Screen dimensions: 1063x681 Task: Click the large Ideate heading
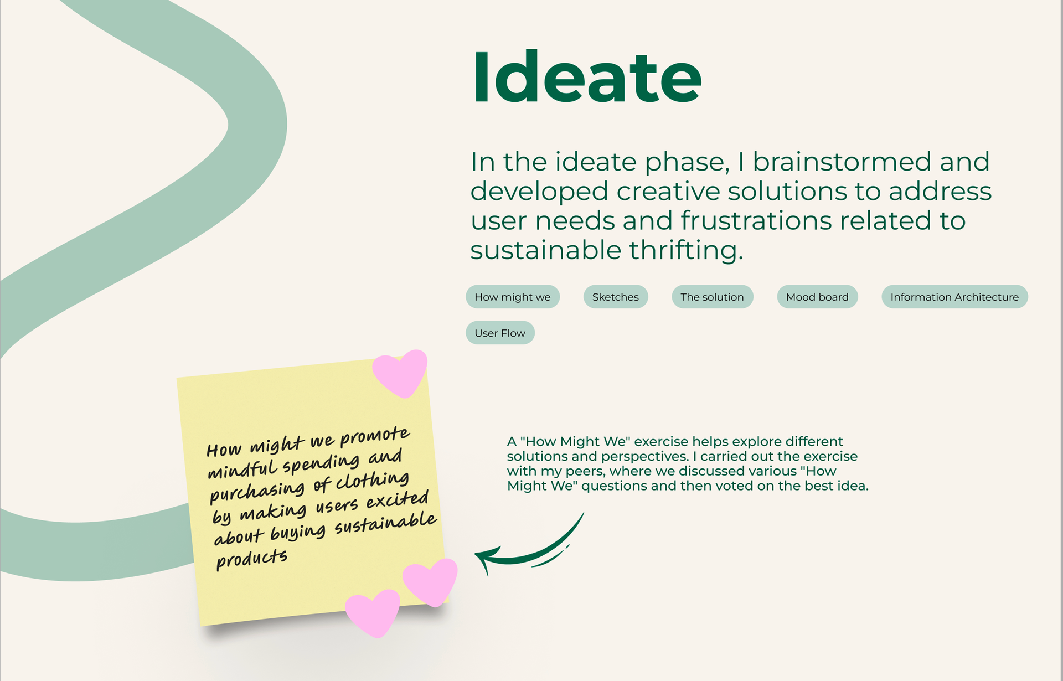[x=587, y=77]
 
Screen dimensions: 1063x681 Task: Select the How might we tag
[x=513, y=297]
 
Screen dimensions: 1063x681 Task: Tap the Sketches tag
[x=616, y=297]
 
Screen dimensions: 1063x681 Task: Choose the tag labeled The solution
[x=713, y=297]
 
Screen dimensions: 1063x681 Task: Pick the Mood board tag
[x=818, y=297]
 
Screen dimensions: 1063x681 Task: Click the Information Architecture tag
[x=954, y=297]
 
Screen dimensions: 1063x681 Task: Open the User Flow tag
[x=500, y=333]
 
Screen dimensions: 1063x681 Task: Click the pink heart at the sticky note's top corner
[x=400, y=373]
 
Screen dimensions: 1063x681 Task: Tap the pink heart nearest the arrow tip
[x=431, y=581]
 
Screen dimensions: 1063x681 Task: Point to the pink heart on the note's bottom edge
[x=373, y=612]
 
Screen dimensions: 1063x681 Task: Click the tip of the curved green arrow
[x=476, y=554]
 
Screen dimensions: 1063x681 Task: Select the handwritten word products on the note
[x=252, y=559]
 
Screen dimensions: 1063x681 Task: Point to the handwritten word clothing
[x=373, y=481]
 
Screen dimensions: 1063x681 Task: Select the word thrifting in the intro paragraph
[x=686, y=250]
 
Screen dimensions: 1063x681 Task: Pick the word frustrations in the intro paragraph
[x=756, y=220]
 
